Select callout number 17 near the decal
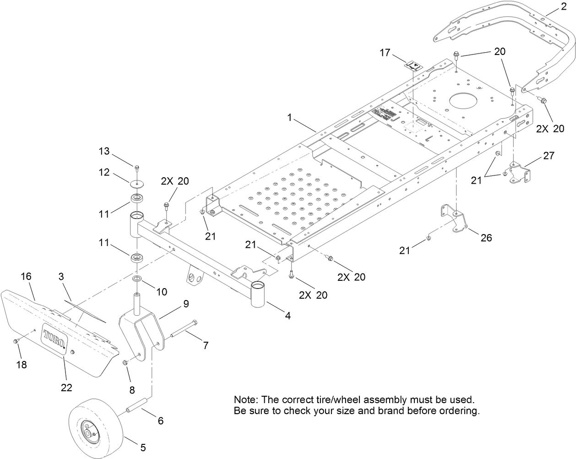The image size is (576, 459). click(385, 53)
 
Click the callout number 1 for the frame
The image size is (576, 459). click(289, 117)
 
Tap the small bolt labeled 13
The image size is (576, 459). click(136, 166)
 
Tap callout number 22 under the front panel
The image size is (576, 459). click(66, 388)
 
